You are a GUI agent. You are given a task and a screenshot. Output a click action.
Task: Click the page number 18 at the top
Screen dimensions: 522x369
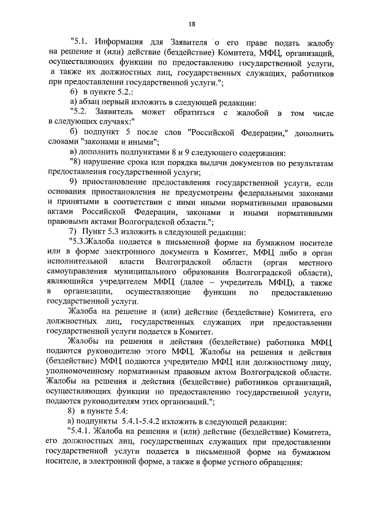tap(192, 24)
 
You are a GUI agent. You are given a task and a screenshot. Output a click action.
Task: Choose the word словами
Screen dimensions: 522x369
tap(62, 142)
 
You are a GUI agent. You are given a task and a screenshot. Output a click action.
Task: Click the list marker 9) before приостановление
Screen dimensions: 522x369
tap(74, 182)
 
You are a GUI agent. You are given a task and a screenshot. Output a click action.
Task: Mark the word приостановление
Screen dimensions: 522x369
tap(123, 182)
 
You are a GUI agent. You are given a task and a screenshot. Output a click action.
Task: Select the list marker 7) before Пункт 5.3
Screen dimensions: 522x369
tap(74, 232)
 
